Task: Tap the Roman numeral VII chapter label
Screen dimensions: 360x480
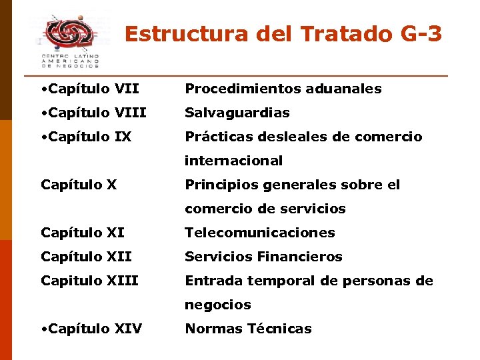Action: (x=127, y=89)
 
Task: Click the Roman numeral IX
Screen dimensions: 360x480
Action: (x=123, y=137)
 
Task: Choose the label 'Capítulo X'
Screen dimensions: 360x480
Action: (x=79, y=185)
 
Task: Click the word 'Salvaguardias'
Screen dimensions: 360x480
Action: (x=237, y=113)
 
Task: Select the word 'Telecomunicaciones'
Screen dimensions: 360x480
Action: (x=259, y=233)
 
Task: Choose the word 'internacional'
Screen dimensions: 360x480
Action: (x=233, y=161)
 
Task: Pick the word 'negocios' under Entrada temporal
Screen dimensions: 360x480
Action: (x=217, y=305)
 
